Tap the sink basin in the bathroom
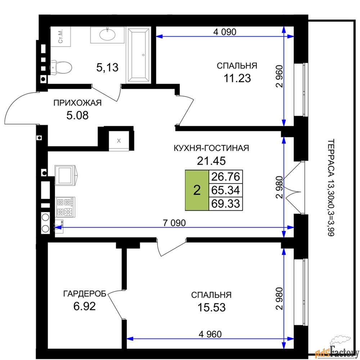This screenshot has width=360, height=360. point(107,35)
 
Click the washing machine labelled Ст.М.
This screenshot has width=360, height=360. point(60,37)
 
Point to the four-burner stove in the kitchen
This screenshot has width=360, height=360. point(66,207)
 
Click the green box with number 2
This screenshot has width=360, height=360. point(197,190)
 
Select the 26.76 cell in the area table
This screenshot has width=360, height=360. point(225,177)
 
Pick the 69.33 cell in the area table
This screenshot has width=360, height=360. point(225,204)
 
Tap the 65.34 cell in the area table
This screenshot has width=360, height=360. point(225,190)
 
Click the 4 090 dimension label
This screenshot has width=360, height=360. point(225,32)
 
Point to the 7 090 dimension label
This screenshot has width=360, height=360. point(174,223)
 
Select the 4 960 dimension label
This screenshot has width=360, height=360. point(210,334)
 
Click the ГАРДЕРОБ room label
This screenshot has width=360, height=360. point(85,294)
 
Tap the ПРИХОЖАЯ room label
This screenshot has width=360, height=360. point(77,103)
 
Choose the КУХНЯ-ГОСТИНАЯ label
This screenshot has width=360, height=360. point(211,148)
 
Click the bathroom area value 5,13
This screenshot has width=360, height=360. point(107,68)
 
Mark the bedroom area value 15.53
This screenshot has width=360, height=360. point(211,307)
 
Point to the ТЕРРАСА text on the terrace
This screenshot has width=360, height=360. point(331,158)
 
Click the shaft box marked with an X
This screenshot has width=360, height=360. point(119,140)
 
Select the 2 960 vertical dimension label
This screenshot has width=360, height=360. point(279,76)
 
